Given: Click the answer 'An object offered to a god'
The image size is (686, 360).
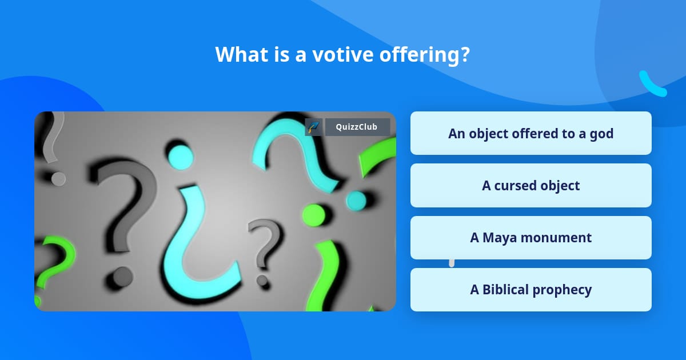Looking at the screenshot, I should click(531, 133).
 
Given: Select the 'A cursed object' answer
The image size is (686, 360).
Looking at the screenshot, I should click(531, 185).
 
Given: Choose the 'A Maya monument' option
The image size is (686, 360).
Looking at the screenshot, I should click(531, 238).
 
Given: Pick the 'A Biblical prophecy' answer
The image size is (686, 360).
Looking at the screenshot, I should click(531, 290).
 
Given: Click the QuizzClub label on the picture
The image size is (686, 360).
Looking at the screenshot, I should click(357, 127).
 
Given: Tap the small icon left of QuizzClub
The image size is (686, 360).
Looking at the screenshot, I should click(313, 127).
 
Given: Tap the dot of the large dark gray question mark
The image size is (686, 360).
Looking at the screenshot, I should click(122, 277).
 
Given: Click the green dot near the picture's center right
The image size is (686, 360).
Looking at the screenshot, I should click(313, 214).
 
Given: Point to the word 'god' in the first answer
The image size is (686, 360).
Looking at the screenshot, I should click(601, 133).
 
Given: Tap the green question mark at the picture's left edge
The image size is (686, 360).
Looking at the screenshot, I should click(54, 260).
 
